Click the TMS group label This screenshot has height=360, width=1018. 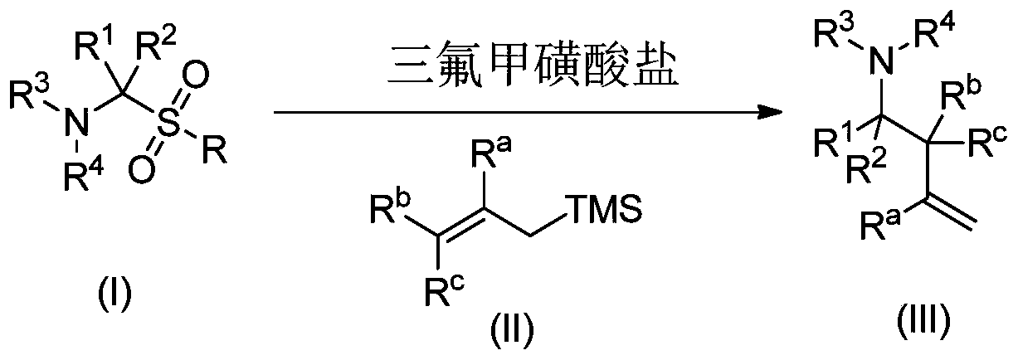pos(604,215)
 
